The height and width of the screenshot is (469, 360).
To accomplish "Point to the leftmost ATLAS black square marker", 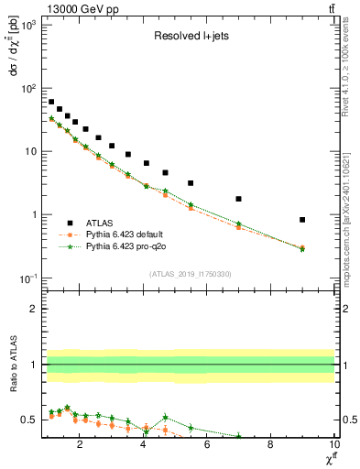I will tap(51, 102).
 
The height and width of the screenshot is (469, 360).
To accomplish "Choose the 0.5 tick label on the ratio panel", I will tap(29, 420).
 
